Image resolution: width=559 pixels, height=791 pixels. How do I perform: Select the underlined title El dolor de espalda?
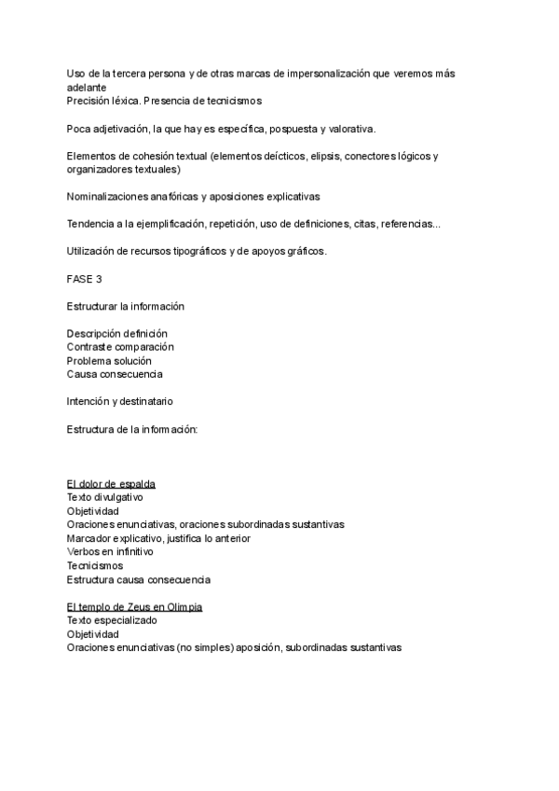tap(111, 483)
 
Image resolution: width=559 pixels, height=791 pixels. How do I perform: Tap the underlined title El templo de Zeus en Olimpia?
tap(134, 606)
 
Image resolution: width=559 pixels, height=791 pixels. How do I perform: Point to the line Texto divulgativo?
tap(111, 497)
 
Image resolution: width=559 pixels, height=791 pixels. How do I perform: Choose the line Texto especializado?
tap(112, 620)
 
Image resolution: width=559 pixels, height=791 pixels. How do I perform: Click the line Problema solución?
tap(109, 361)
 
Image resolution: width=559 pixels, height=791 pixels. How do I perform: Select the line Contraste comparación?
tap(120, 347)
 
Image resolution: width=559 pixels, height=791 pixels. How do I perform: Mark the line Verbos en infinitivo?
tap(110, 552)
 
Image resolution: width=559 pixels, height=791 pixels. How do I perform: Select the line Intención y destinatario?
tap(119, 401)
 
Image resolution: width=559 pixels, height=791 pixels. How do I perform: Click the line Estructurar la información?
tap(126, 306)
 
